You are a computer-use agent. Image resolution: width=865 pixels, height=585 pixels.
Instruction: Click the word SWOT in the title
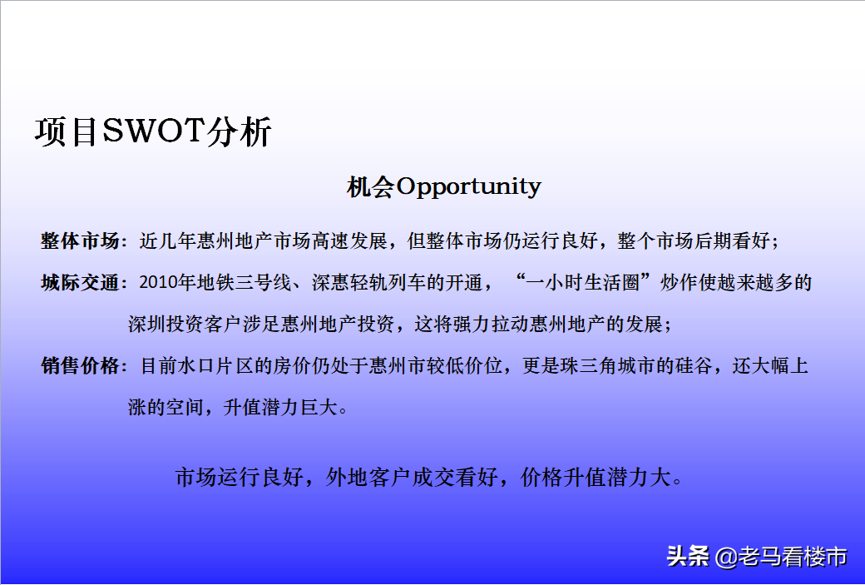153,131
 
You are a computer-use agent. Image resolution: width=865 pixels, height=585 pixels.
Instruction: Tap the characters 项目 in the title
67,132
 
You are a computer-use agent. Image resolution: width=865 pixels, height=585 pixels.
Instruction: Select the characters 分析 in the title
239,132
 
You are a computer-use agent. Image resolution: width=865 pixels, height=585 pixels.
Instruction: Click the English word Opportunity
469,187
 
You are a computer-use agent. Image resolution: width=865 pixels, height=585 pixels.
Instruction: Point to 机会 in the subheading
371,187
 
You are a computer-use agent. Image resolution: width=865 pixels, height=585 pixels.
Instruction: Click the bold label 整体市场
80,240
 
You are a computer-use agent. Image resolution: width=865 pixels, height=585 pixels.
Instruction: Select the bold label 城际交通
80,283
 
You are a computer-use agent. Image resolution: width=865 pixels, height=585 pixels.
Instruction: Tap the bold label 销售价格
80,366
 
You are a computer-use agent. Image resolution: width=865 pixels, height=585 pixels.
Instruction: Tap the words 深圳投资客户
185,324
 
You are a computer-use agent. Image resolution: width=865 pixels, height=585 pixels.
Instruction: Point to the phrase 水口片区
215,366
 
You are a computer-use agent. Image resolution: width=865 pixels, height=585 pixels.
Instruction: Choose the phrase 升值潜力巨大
280,408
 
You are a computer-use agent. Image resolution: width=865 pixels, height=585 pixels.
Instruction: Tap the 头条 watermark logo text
688,556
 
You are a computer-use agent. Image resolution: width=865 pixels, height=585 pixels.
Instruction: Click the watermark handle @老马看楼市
781,557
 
